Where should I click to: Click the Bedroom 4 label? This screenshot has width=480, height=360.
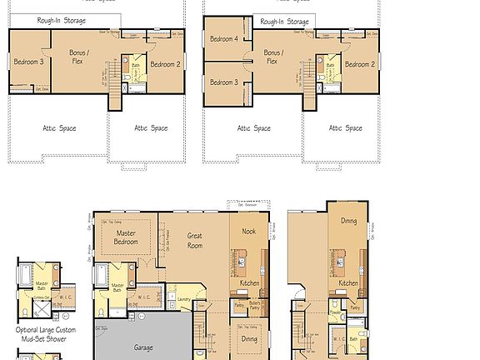point(223,39)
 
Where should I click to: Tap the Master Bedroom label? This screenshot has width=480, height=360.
point(126,237)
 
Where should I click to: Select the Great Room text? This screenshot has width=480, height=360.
point(194,241)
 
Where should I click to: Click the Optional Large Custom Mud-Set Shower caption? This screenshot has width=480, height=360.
point(46,335)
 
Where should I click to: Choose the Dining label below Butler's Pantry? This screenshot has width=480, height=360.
point(248,338)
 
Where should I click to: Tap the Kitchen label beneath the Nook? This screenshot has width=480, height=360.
point(249,283)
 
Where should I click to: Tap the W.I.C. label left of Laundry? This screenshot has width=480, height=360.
point(142,296)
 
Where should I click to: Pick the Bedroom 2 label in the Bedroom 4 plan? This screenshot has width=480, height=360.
point(359,64)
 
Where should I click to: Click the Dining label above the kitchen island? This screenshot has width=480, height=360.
point(348,221)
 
